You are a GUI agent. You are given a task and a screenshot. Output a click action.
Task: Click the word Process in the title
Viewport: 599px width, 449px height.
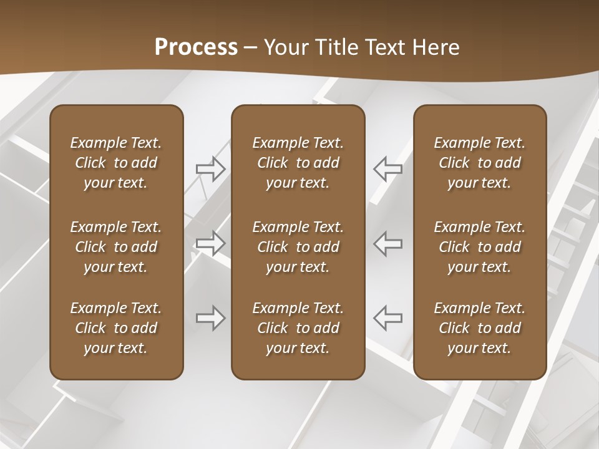(196, 47)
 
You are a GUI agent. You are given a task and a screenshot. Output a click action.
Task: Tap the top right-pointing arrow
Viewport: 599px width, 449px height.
(210, 169)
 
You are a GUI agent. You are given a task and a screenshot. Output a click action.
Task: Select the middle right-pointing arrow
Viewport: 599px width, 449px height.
(210, 243)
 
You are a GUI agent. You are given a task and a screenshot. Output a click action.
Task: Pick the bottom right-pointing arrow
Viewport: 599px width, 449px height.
(210, 318)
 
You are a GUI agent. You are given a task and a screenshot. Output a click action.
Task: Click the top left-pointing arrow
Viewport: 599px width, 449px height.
(388, 169)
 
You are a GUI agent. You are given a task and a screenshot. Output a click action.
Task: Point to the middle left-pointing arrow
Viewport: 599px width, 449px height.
(388, 243)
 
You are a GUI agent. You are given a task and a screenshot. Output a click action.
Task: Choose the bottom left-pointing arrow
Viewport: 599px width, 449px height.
(388, 318)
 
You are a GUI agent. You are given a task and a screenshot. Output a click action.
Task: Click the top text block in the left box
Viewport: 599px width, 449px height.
(116, 163)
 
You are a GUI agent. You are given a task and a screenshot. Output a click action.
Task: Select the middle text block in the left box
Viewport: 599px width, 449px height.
(116, 247)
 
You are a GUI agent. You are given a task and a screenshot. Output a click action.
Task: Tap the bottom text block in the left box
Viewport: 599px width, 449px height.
(116, 328)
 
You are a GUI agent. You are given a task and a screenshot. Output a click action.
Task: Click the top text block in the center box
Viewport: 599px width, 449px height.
(298, 163)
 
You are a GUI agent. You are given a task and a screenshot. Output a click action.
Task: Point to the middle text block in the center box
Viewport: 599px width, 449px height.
(298, 247)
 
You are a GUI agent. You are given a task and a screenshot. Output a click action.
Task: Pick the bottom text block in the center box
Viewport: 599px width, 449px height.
(298, 328)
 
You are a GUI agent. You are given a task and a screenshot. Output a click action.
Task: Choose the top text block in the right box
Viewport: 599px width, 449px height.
(479, 163)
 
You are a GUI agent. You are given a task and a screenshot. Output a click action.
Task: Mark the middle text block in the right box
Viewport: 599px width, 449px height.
(479, 247)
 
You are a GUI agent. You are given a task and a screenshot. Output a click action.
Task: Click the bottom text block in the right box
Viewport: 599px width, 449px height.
(479, 328)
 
